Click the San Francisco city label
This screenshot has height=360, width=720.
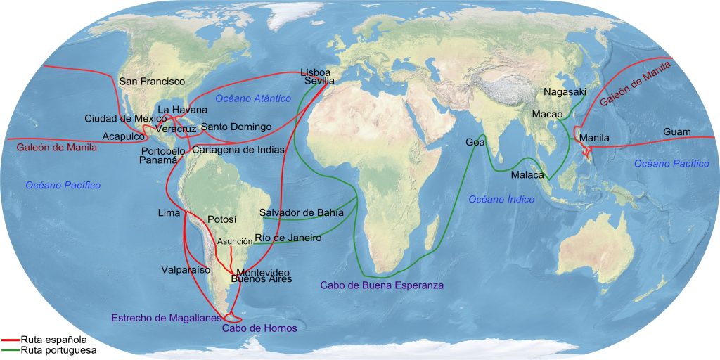(x=152, y=82)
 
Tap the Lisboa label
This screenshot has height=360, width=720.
(x=315, y=72)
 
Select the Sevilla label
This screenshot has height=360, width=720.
(x=320, y=82)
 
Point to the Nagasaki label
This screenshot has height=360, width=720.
(x=565, y=91)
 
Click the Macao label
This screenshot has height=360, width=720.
(x=547, y=113)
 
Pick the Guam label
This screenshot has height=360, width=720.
(x=677, y=131)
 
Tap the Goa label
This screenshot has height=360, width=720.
(x=475, y=142)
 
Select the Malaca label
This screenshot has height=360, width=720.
(x=527, y=174)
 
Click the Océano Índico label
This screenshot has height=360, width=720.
(x=501, y=200)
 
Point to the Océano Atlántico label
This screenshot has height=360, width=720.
(x=253, y=98)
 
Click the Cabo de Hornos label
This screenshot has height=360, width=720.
(x=259, y=328)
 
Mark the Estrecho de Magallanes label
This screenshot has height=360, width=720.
(x=167, y=318)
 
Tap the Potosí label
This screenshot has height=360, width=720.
(x=223, y=219)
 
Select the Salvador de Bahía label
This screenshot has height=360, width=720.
(x=302, y=212)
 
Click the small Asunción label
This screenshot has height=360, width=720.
(x=235, y=241)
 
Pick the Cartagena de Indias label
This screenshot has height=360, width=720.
(x=238, y=150)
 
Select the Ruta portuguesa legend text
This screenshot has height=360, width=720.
(x=58, y=349)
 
